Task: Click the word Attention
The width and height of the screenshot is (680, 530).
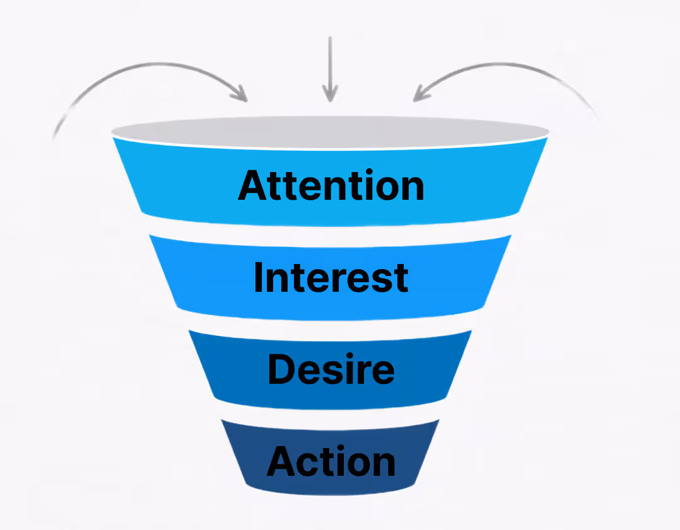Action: tap(331, 185)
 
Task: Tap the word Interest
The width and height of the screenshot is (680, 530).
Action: tap(331, 277)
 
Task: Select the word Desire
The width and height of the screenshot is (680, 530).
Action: tap(331, 369)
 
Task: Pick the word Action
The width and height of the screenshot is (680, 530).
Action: tap(331, 462)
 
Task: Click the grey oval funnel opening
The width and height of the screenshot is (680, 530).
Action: tap(330, 132)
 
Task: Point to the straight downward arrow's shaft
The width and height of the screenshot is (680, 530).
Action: tap(329, 63)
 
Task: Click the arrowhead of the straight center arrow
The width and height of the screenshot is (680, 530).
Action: tap(329, 95)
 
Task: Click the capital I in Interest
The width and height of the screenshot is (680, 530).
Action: tap(258, 277)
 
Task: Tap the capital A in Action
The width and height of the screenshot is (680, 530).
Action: tap(283, 462)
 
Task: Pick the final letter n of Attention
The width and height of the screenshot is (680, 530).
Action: tap(411, 188)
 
